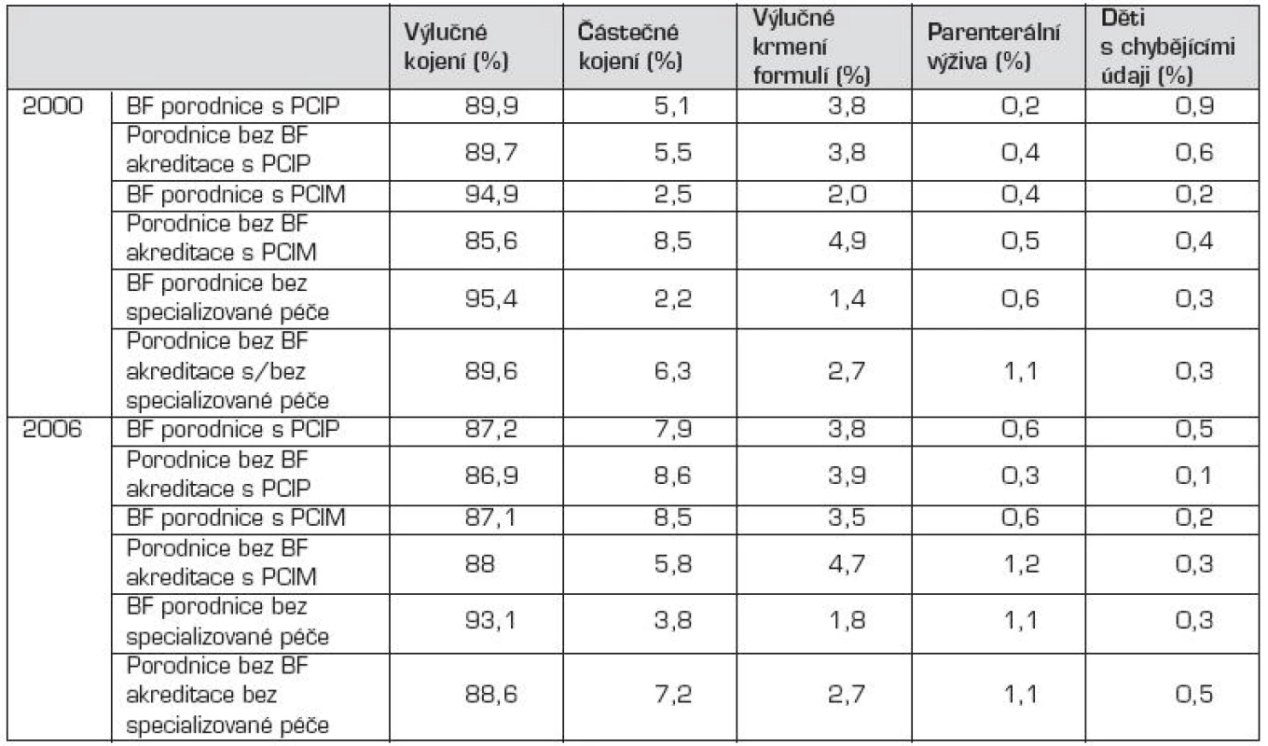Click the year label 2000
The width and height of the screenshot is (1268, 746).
[x=52, y=106]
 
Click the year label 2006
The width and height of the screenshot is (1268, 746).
[x=52, y=430]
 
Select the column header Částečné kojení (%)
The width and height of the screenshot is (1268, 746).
[x=628, y=47]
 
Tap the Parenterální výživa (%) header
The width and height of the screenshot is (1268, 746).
[x=993, y=47]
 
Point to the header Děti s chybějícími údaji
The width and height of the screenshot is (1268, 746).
[x=1167, y=47]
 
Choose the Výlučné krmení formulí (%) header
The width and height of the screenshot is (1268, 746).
[x=810, y=47]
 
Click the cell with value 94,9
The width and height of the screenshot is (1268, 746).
[x=491, y=195]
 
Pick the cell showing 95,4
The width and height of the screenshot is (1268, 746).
[x=491, y=298]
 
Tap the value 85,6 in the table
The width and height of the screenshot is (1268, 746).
[x=491, y=241]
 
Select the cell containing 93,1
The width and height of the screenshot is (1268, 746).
[x=490, y=621]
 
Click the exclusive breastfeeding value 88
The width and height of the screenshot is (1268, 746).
[x=480, y=564]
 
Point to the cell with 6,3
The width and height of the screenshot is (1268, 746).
[x=672, y=371]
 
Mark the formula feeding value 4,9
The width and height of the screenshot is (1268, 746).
[x=847, y=241]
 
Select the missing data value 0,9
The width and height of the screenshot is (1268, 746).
[x=1193, y=106]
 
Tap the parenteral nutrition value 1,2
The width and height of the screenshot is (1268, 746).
[x=1021, y=564]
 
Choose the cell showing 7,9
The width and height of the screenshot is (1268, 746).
[x=672, y=430]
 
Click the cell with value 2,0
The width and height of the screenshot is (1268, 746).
[x=847, y=195]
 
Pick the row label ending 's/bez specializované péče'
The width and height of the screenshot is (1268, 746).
[x=227, y=371]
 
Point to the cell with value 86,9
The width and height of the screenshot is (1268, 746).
[x=491, y=475]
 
